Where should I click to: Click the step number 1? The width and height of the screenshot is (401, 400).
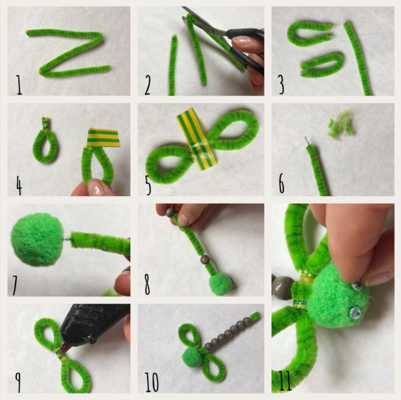(19, 85)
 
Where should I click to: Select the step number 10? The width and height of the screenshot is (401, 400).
(152, 383)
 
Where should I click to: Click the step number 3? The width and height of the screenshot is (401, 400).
(281, 84)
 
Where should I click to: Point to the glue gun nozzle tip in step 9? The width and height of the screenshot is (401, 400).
(63, 348)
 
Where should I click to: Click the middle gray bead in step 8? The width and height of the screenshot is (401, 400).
(205, 259)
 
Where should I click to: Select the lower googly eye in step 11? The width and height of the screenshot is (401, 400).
(355, 312)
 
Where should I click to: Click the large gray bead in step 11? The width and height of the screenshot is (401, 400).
(283, 287)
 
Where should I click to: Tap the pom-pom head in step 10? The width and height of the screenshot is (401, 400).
(192, 357)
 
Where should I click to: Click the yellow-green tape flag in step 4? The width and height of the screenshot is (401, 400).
(104, 138)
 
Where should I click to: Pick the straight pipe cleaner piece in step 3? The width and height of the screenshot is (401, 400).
(359, 58)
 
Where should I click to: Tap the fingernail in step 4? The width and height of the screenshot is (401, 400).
(96, 186)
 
